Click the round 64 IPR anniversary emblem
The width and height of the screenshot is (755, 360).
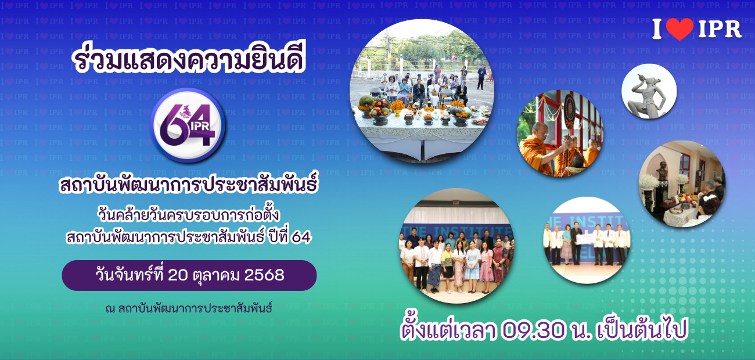point(188,125)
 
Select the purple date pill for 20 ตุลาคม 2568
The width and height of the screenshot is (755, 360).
point(189,275)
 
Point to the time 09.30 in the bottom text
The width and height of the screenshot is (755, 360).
point(533,330)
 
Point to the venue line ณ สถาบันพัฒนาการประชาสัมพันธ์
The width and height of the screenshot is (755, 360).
point(188,308)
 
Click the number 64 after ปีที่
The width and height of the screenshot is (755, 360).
point(301,237)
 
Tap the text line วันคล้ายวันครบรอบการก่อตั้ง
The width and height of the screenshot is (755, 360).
point(189,215)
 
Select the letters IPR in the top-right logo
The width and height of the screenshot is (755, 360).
point(720,30)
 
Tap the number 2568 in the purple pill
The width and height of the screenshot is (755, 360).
point(264,275)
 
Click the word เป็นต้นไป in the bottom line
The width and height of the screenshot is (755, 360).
point(641,330)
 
